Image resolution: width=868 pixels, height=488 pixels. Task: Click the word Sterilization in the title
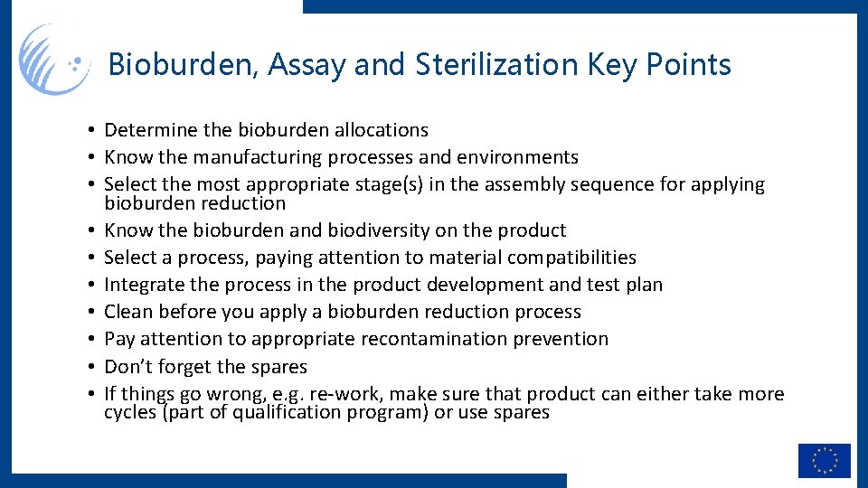496,64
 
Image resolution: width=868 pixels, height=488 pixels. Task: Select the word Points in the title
693,65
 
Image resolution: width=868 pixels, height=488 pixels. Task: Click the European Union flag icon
824,460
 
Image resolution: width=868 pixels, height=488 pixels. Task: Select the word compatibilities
571,258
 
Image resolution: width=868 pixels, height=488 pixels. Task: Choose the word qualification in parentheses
288,412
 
